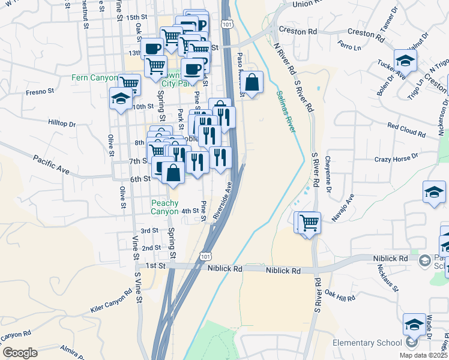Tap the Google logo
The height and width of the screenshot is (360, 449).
click(x=19, y=353)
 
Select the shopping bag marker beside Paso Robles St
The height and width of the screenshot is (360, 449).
click(x=253, y=83)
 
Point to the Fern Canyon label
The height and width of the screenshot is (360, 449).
click(x=93, y=77)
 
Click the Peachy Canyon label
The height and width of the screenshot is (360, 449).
click(x=165, y=207)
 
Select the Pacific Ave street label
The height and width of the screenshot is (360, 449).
click(x=52, y=164)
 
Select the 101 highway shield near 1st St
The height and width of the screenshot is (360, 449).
click(x=205, y=256)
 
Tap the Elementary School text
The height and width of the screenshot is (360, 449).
click(x=367, y=343)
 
